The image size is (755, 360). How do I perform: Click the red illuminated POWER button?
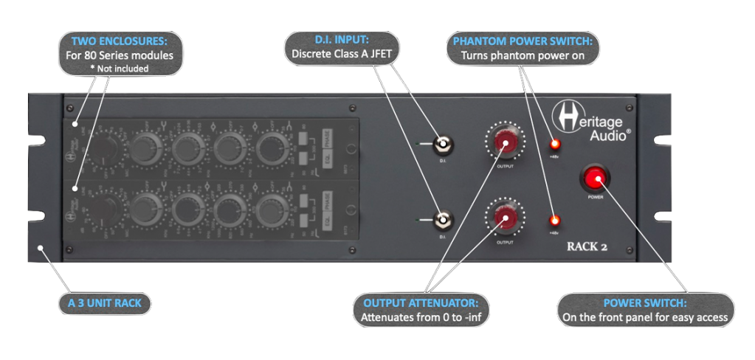pos(595,179)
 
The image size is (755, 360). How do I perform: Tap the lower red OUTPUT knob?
pos(505,218)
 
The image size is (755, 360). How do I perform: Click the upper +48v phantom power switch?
pos(555,144)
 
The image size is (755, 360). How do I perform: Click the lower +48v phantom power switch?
pos(555,220)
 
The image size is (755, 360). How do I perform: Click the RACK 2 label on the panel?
pos(587,247)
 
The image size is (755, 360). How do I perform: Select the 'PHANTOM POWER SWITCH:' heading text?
pos(523,41)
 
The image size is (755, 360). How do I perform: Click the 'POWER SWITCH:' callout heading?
pos(645,303)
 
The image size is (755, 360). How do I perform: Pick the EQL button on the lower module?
pos(315,203)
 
